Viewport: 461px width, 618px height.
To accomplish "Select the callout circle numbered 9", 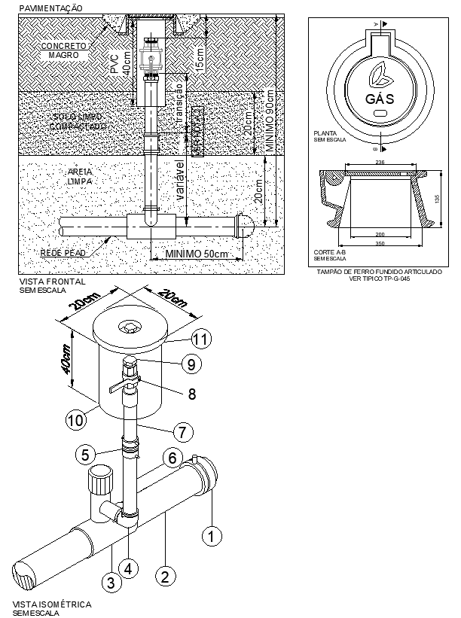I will pyautogui.click(x=192, y=364).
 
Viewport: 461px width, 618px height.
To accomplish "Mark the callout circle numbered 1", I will pyautogui.click(x=212, y=535).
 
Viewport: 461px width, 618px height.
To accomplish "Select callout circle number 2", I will pyautogui.click(x=165, y=577).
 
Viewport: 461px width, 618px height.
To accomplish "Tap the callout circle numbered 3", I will pyautogui.click(x=110, y=581).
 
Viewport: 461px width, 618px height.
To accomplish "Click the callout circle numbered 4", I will pyautogui.click(x=130, y=568).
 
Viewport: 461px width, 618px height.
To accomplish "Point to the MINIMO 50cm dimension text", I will pyautogui.click(x=196, y=254).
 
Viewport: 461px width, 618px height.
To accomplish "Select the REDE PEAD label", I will pyautogui.click(x=63, y=253).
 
